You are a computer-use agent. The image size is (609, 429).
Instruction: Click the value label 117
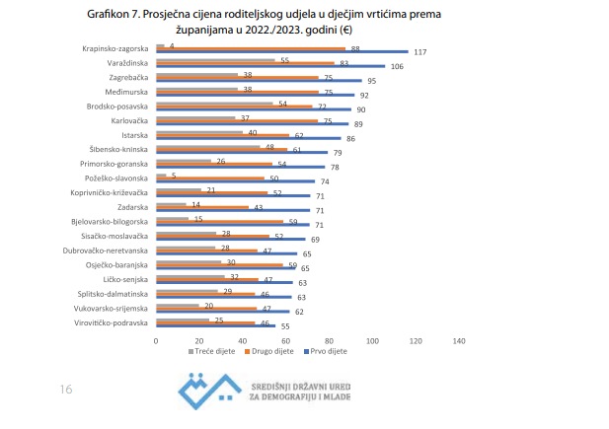(419, 51)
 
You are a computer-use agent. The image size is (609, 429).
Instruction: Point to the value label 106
(396, 66)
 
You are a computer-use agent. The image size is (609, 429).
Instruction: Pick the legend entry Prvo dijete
(326, 352)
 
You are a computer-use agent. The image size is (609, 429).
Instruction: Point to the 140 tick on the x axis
(458, 340)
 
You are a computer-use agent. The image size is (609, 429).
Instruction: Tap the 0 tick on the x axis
(156, 340)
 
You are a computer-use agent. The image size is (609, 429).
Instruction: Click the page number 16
(65, 390)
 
